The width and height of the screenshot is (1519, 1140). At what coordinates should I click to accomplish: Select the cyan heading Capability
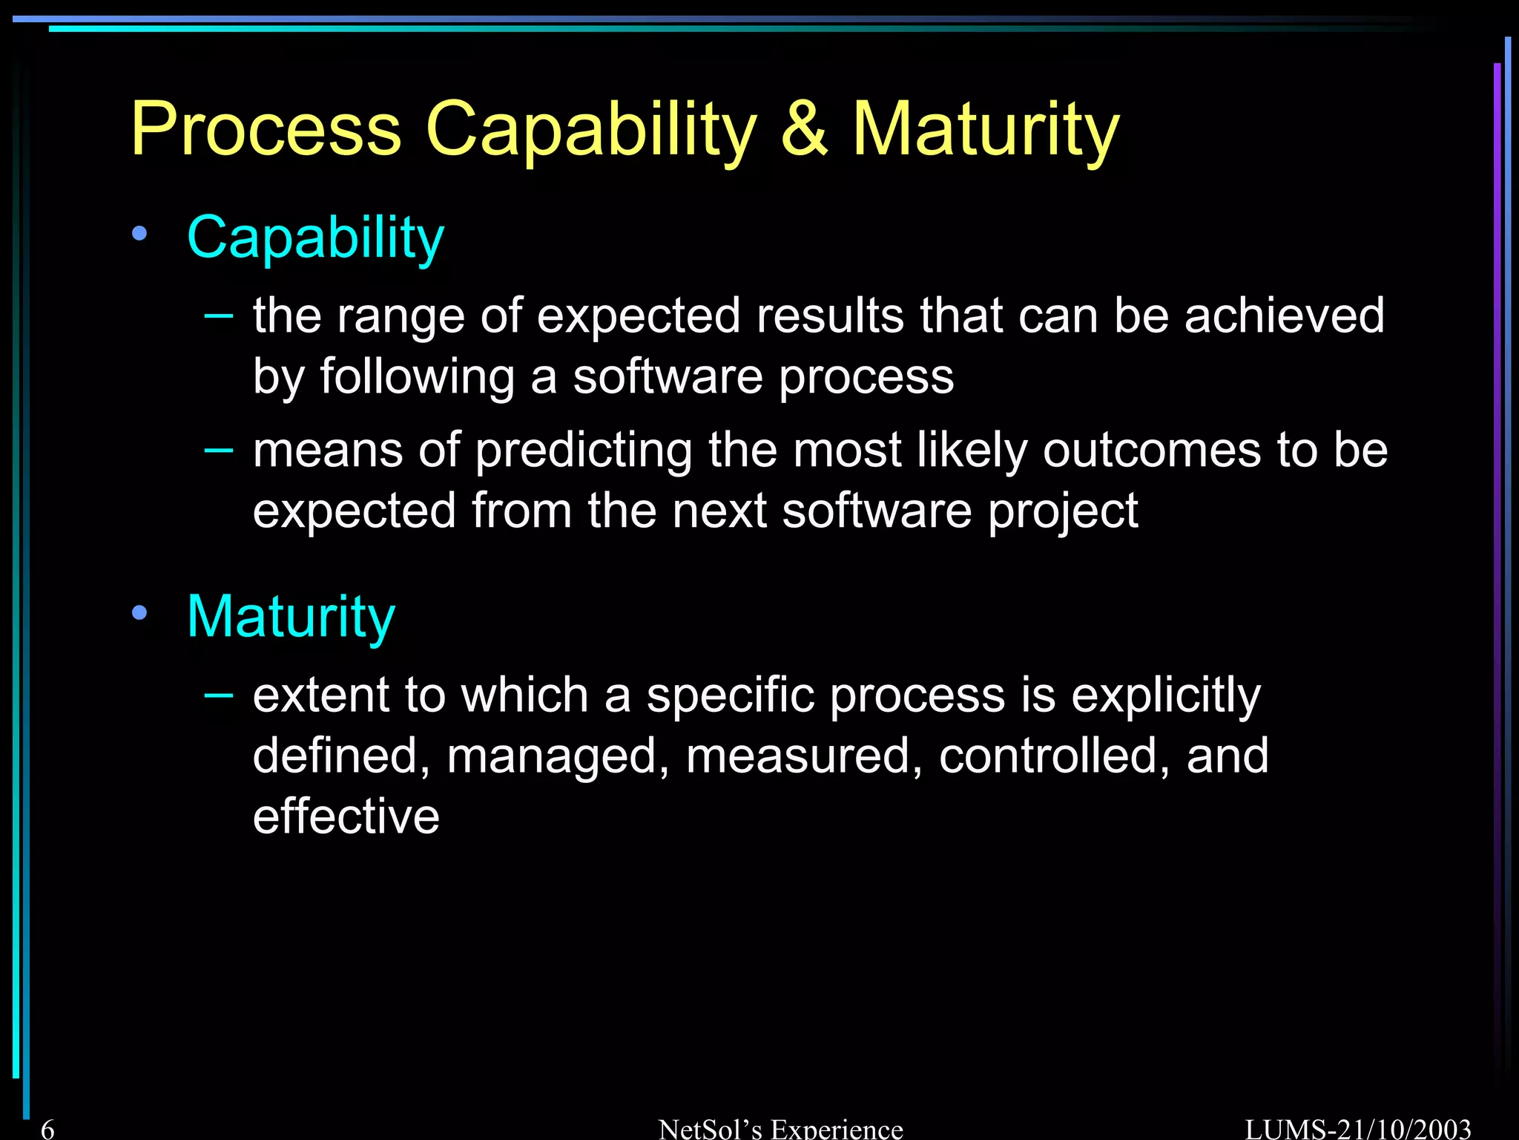tap(315, 239)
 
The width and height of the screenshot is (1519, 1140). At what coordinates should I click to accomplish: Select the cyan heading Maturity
tap(291, 617)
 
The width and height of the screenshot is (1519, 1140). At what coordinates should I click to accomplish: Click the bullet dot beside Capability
tap(139, 235)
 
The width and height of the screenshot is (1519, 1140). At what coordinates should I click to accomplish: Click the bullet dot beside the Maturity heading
tap(139, 613)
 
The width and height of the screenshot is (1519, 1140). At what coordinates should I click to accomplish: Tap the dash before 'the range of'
tap(219, 315)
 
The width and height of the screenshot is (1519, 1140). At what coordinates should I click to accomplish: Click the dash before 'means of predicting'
tap(219, 450)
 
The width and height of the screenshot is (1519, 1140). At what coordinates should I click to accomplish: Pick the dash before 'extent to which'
tap(219, 695)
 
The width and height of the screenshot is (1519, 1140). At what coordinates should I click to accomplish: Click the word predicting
tap(583, 451)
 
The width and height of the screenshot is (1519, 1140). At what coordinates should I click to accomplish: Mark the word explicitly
tap(1165, 696)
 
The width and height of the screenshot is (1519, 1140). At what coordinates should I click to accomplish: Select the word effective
tap(346, 816)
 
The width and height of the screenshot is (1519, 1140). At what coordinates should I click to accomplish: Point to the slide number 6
tap(47, 1129)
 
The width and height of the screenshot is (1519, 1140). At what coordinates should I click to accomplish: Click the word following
tap(417, 377)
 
